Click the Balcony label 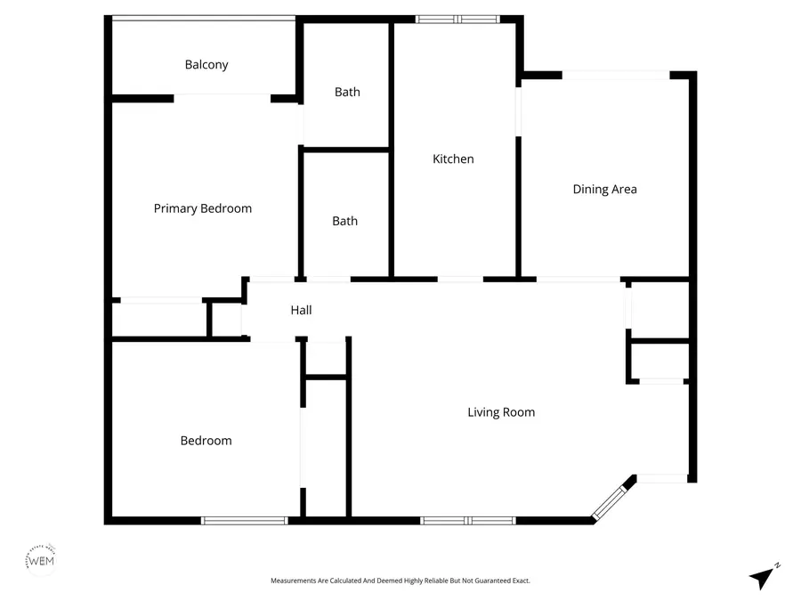206,65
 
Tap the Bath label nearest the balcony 347,92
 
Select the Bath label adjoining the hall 344,221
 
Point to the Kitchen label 453,159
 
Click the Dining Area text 604,189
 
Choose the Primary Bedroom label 203,208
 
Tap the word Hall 301,310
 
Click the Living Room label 501,412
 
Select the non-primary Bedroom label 206,440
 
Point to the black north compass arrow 760,578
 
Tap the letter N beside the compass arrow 777,564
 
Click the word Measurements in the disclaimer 296,581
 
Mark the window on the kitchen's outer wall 457,19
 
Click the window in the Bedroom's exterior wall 244,520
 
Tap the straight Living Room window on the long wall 467,520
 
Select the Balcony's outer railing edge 203,18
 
